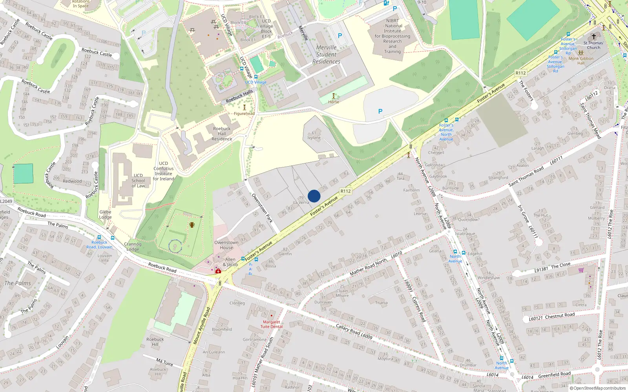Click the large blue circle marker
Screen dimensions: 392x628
tap(314, 196)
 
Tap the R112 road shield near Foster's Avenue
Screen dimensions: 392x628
tap(345, 191)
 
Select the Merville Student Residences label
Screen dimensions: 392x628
tap(326, 54)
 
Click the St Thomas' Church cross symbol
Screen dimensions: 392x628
tap(594, 36)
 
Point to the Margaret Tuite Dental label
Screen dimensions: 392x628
tap(271, 324)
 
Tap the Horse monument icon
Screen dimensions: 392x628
tap(334, 96)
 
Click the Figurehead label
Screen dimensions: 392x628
tap(244, 114)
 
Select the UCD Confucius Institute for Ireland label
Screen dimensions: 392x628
tap(163, 171)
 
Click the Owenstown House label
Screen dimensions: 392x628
tap(226, 245)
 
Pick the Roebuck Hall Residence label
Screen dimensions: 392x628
tap(222, 134)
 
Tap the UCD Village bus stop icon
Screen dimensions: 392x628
tap(256, 77)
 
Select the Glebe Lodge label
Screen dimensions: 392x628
tap(105, 214)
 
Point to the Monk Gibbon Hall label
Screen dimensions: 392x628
tap(581, 61)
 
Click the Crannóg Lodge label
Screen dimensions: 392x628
tap(133, 247)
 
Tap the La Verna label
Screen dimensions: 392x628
tap(301, 203)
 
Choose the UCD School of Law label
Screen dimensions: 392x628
tap(138, 181)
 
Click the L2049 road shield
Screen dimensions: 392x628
tap(6, 201)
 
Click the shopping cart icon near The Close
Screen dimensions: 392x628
tap(581, 270)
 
